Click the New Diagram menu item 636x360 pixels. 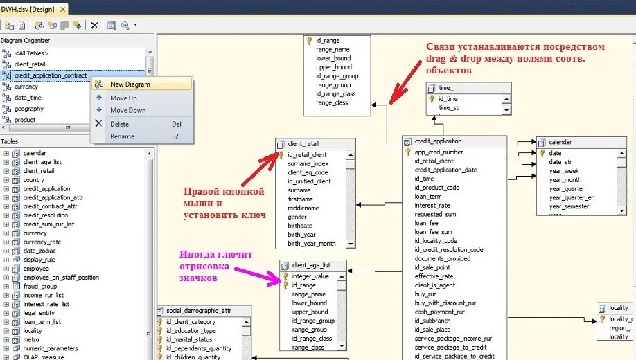(x=130, y=84)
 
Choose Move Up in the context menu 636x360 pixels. (x=123, y=98)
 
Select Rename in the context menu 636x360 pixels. (x=122, y=136)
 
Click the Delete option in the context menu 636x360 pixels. (x=119, y=124)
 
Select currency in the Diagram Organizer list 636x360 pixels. (x=26, y=87)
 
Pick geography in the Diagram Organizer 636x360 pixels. (x=29, y=109)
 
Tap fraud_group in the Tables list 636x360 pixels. (x=39, y=286)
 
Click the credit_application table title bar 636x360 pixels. (x=438, y=141)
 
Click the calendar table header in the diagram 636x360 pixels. (x=560, y=142)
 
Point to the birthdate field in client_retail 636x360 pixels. (x=300, y=226)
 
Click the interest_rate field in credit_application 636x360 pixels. (x=432, y=206)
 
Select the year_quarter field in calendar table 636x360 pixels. (x=567, y=189)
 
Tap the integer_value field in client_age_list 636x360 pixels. (x=310, y=276)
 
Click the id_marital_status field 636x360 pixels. (x=190, y=339)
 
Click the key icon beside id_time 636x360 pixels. (x=432, y=99)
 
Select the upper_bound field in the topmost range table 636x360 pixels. (x=334, y=67)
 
